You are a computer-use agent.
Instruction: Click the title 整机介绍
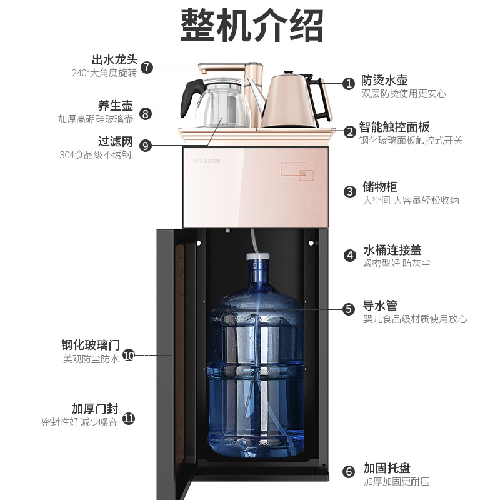click(252, 26)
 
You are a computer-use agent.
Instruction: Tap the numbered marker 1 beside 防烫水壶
click(349, 84)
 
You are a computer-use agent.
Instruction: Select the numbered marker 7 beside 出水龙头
click(147, 67)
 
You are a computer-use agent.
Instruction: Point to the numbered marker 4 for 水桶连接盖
click(350, 256)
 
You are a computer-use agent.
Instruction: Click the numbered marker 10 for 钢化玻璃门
click(129, 355)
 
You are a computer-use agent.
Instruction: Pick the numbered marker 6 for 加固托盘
click(349, 472)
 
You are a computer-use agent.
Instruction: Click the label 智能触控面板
click(394, 127)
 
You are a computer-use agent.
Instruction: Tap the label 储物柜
click(380, 187)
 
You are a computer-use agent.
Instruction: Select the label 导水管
click(380, 306)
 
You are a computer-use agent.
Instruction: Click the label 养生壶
click(116, 106)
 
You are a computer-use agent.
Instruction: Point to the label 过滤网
click(116, 141)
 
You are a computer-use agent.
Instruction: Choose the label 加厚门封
click(95, 409)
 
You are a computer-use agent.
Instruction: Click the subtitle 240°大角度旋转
click(104, 73)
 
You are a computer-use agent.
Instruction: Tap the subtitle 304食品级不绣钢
click(96, 155)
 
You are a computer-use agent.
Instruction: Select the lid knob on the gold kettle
click(289, 73)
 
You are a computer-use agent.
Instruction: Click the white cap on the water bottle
click(257, 256)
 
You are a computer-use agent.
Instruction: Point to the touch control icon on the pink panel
click(297, 171)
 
